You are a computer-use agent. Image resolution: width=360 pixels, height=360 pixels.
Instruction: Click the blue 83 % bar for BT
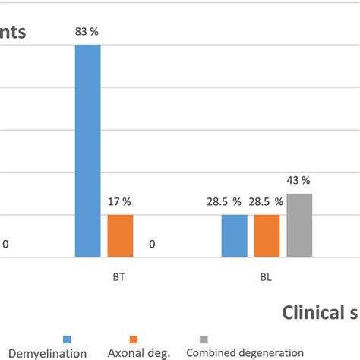(x=87, y=152)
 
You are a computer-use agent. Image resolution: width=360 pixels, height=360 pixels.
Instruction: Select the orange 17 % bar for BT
(x=120, y=236)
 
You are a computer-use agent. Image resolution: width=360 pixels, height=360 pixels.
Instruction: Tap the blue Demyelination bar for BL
(x=234, y=236)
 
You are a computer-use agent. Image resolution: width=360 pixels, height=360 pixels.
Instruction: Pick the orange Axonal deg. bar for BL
(x=267, y=236)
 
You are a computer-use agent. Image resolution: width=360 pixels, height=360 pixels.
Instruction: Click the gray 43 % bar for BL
(x=299, y=226)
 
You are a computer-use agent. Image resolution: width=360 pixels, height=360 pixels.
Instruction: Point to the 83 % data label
(x=87, y=32)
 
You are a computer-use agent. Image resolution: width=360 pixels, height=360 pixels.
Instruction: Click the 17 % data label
(x=120, y=202)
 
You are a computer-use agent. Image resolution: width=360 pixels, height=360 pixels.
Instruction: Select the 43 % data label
(x=299, y=181)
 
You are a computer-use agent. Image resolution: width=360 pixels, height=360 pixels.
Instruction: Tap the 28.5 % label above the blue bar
(x=226, y=202)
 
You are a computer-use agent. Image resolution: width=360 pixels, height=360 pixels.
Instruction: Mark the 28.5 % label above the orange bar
(x=268, y=202)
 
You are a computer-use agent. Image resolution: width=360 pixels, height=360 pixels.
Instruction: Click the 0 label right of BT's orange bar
(x=152, y=245)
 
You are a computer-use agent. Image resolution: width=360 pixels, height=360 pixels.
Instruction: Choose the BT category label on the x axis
(x=119, y=277)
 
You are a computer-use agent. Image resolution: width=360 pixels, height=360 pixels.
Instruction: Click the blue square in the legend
(x=67, y=339)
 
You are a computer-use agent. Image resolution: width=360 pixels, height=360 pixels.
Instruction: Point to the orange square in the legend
(x=134, y=339)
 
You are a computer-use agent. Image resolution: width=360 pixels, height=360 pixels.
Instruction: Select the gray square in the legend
(x=203, y=339)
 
